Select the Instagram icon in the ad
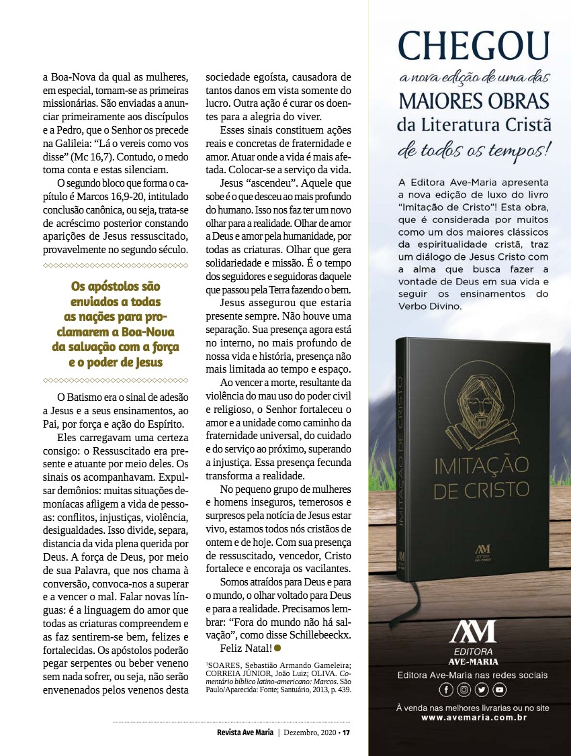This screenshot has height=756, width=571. point(464,690)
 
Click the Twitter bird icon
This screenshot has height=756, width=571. point(482,690)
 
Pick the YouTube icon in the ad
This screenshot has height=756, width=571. point(499,690)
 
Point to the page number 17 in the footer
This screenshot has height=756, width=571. point(346,733)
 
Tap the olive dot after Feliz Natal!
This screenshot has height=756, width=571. point(277,648)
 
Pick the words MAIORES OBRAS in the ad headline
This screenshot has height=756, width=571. point(474,101)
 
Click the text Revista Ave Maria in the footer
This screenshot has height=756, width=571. point(240,733)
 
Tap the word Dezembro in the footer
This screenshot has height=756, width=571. point(303,733)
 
